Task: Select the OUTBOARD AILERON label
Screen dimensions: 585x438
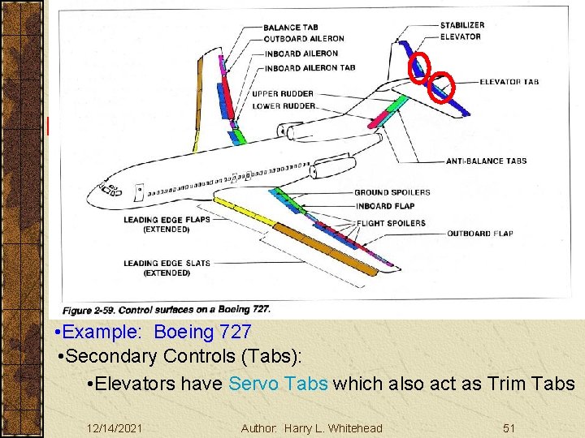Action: [x=303, y=38]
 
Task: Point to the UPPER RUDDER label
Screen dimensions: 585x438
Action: [x=282, y=94]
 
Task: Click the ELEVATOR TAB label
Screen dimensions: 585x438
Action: [x=509, y=82]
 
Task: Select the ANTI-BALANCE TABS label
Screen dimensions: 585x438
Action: [x=486, y=161]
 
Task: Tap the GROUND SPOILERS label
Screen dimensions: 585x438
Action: [x=392, y=192]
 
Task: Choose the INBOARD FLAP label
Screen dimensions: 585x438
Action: [x=384, y=206]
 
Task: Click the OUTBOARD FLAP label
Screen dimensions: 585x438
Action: [x=479, y=234]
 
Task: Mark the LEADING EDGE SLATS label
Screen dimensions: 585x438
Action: [x=167, y=263]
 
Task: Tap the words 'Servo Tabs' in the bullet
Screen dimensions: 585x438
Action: [x=279, y=384]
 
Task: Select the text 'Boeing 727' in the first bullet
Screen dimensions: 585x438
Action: [x=202, y=333]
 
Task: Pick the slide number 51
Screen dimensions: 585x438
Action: [x=510, y=427]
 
